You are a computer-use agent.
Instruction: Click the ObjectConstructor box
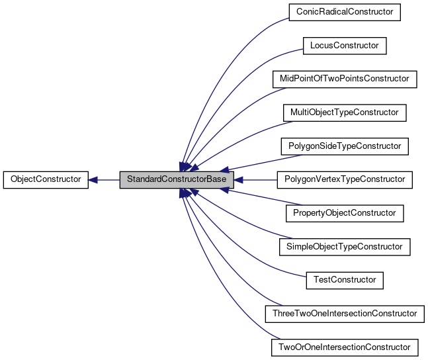point(46,179)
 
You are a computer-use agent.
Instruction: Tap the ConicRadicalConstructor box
point(345,11)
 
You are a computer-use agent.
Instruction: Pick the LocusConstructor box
point(344,45)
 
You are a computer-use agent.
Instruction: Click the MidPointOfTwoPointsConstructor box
point(345,79)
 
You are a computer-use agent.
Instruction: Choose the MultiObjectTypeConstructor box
point(344,112)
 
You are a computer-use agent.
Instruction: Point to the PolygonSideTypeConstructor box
point(344,146)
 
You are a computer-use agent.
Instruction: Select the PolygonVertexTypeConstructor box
point(344,179)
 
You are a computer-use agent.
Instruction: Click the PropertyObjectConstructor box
point(344,213)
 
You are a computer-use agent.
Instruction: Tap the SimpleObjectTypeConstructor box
point(344,246)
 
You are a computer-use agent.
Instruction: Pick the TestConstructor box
point(344,280)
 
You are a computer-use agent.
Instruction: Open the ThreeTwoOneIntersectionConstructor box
point(344,313)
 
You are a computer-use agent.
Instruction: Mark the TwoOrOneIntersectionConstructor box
point(344,347)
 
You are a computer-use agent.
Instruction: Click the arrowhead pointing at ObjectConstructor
point(94,179)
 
